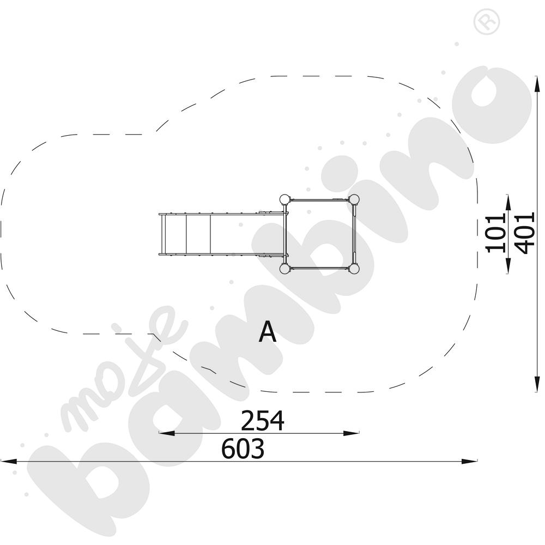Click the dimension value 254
coord(263,421)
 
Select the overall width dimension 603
coord(243,449)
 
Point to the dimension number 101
coord(496,233)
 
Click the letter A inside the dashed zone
coord(267,332)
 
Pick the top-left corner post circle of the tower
coord(284,199)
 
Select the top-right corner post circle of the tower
coord(354,199)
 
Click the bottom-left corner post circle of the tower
coord(284,268)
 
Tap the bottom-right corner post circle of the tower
coord(354,268)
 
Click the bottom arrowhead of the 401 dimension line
coord(536,385)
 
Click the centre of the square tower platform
coord(319,234)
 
